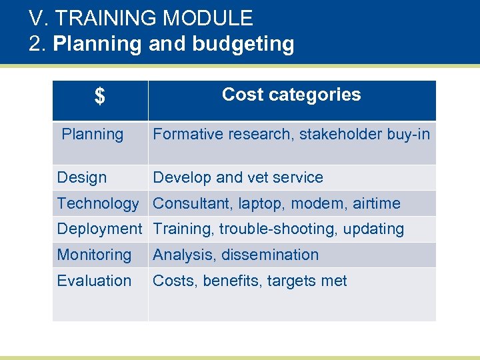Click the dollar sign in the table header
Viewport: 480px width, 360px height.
tap(99, 98)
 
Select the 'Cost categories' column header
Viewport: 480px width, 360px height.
tap(291, 95)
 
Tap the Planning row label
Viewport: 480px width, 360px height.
tap(93, 135)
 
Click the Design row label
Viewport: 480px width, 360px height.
tap(82, 178)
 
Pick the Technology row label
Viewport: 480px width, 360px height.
tap(98, 203)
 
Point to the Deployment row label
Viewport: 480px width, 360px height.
tap(99, 229)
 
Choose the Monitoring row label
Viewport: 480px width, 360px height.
tap(94, 255)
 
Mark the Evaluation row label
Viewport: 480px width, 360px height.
tap(94, 281)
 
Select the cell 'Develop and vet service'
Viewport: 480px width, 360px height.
tap(238, 178)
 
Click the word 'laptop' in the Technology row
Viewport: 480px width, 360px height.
tap(259, 203)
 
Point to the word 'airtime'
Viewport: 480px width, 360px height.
tap(377, 203)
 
